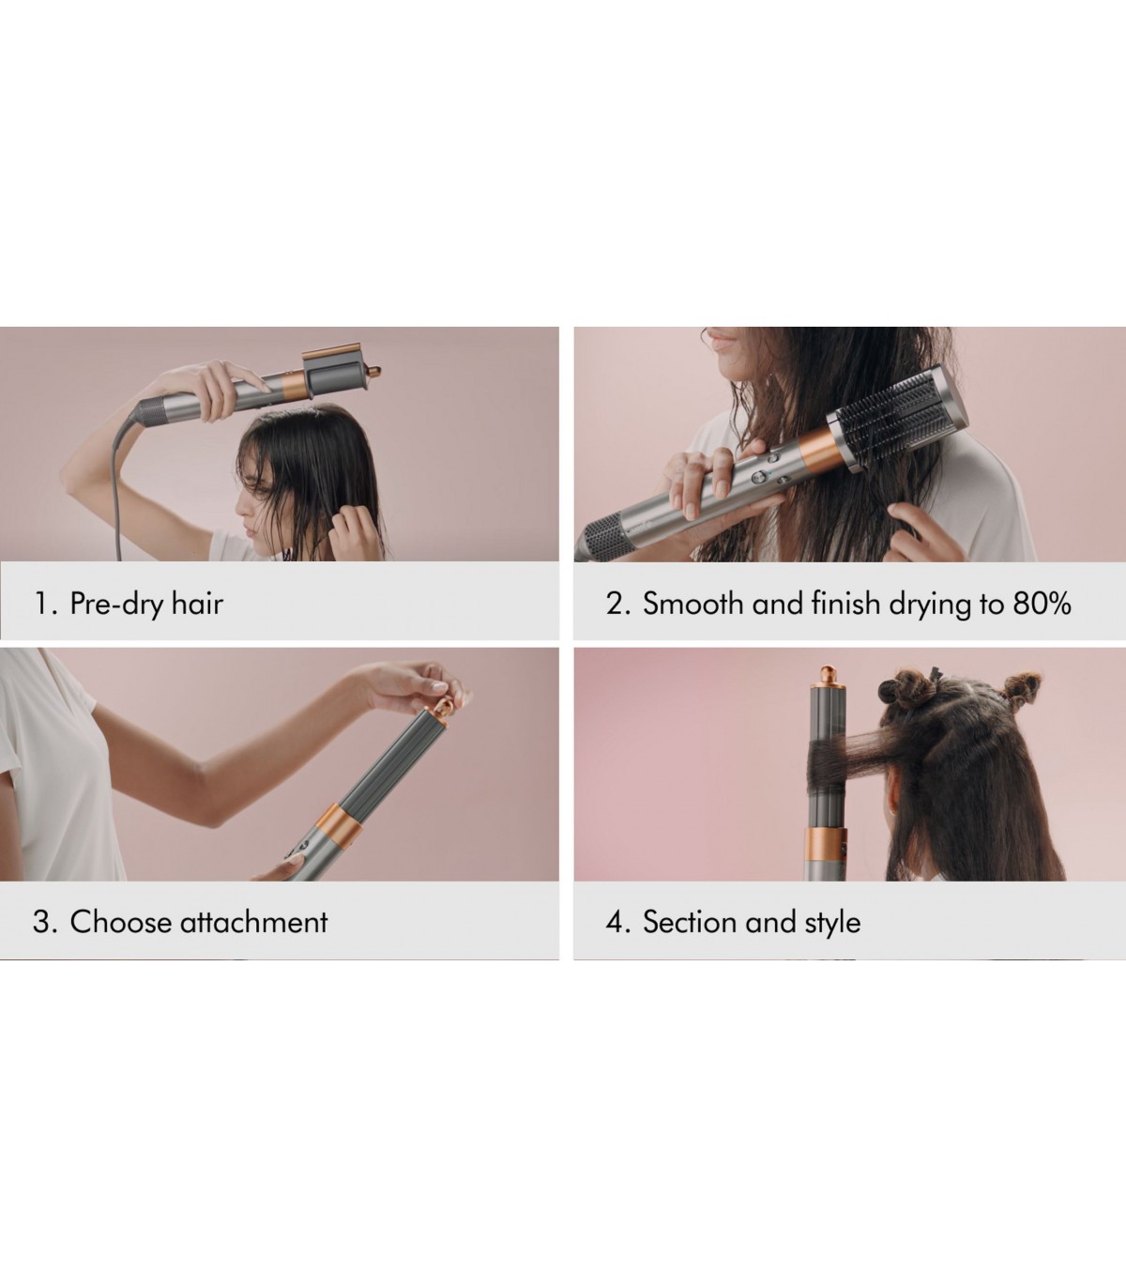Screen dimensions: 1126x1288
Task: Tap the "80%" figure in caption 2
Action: pyautogui.click(x=1041, y=603)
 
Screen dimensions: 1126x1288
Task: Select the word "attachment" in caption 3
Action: pyautogui.click(x=253, y=922)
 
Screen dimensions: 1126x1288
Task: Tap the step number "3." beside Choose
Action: pyautogui.click(x=45, y=922)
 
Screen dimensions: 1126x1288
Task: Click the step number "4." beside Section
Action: pyautogui.click(x=617, y=922)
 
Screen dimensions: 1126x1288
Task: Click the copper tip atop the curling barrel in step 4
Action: pyautogui.click(x=828, y=677)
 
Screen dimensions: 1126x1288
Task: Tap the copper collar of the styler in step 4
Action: pyautogui.click(x=826, y=845)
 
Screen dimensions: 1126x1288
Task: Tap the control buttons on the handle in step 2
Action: pyautogui.click(x=770, y=469)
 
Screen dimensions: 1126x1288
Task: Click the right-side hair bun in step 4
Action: pyautogui.click(x=1020, y=689)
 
